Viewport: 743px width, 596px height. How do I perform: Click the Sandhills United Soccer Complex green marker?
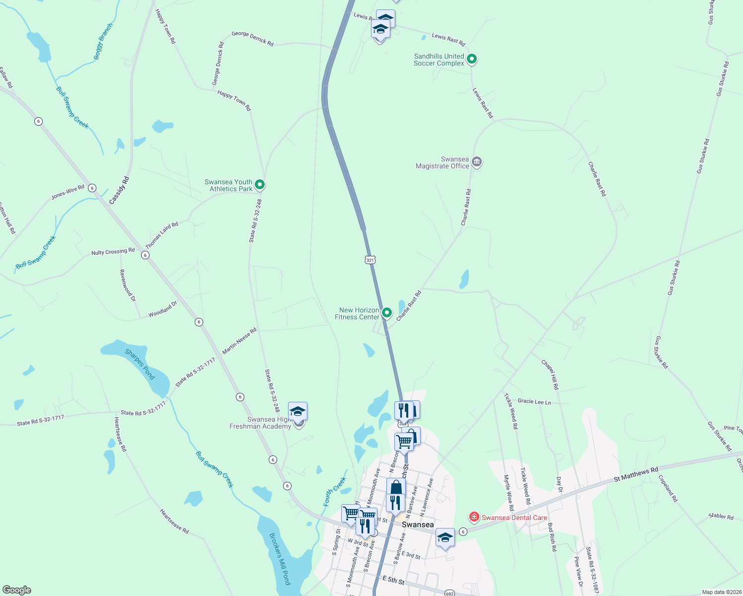[x=472, y=60]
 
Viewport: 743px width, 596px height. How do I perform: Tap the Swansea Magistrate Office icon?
[x=476, y=162]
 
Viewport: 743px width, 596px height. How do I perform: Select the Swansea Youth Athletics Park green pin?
[x=259, y=185]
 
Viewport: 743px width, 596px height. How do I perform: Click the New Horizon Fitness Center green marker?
[x=386, y=313]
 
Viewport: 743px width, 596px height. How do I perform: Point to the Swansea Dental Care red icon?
[x=474, y=518]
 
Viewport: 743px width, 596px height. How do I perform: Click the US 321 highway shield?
[x=370, y=260]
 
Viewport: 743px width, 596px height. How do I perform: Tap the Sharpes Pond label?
[x=140, y=364]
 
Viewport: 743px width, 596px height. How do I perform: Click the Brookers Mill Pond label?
[x=280, y=558]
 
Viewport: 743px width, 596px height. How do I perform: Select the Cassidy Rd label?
[x=119, y=190]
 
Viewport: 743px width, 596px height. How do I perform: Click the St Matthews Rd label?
[x=636, y=475]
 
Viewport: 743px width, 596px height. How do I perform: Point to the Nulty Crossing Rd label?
[x=113, y=252]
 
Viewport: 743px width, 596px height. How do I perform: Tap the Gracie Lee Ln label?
[x=534, y=401]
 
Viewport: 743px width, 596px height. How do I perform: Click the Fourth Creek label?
[x=335, y=491]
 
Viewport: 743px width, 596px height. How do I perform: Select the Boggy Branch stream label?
[x=103, y=42]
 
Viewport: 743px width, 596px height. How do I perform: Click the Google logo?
[x=17, y=590]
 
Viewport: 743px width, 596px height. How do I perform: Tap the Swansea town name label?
[x=417, y=524]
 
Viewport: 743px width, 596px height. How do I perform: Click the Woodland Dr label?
[x=162, y=309]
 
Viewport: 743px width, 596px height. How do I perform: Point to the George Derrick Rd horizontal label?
[x=252, y=38]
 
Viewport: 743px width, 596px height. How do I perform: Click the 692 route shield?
[x=449, y=593]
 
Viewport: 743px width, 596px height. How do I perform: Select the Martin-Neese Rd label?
[x=239, y=341]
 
